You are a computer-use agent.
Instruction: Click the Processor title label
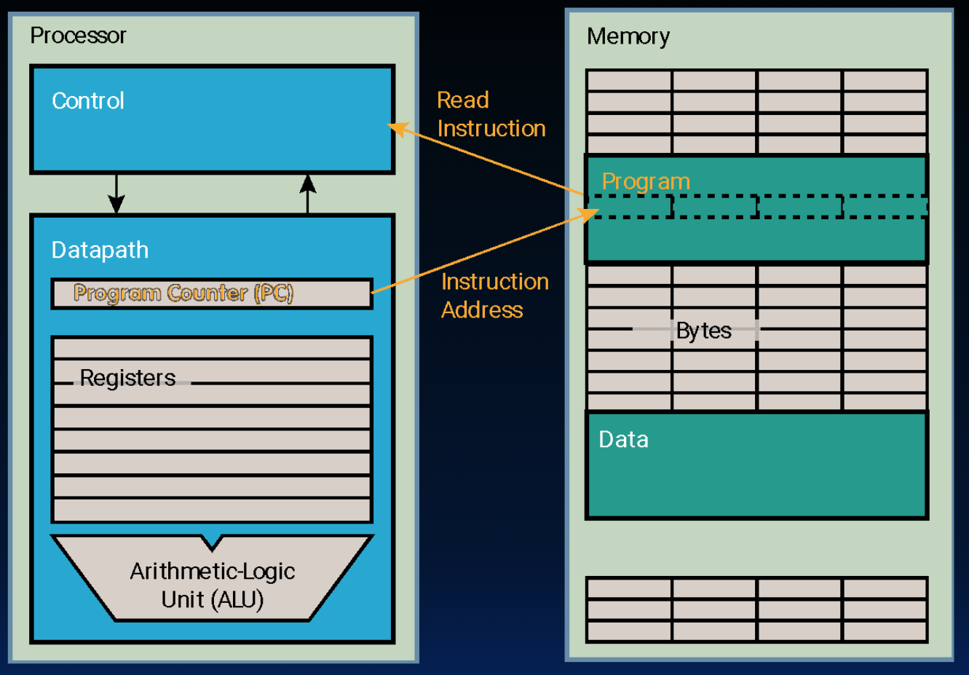[x=78, y=35]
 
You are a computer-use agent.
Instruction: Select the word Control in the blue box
[x=88, y=100]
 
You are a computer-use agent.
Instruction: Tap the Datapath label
[x=100, y=250]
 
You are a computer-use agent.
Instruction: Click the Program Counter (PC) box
[x=211, y=293]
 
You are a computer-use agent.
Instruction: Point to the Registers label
[x=127, y=378]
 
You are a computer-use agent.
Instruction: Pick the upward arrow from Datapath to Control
[x=308, y=194]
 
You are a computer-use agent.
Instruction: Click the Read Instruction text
[x=491, y=114]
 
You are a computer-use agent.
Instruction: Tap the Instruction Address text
[x=494, y=296]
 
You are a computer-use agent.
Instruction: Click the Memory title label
[x=628, y=36]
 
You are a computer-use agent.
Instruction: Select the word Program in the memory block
[x=646, y=181]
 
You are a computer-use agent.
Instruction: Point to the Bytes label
[x=703, y=331]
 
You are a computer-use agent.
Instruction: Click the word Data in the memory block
[x=623, y=439]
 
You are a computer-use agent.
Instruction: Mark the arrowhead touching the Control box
[x=396, y=129]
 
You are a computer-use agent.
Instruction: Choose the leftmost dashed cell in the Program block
[x=630, y=207]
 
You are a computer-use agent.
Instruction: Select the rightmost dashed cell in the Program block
[x=885, y=207]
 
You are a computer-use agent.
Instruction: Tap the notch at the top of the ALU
[x=212, y=542]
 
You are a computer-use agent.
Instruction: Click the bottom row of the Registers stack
[x=212, y=510]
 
